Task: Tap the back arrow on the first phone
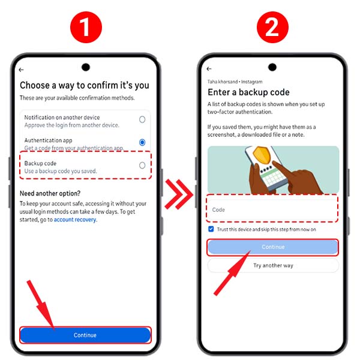22,70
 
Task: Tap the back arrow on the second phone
209,70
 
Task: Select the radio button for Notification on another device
142,119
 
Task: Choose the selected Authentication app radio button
142,142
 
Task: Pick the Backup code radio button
142,165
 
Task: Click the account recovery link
75,220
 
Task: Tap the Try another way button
273,265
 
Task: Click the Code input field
273,209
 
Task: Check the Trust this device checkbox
211,229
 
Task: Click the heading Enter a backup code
248,92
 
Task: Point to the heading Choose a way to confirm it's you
85,85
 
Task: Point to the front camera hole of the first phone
86,67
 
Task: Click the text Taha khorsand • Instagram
235,81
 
